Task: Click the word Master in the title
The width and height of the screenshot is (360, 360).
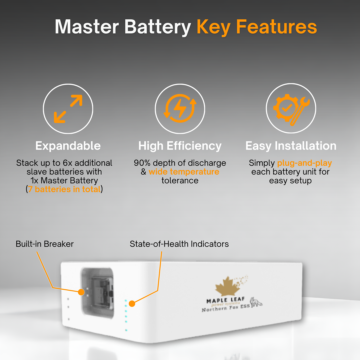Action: point(87,27)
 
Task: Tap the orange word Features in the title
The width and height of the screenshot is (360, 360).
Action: point(276,27)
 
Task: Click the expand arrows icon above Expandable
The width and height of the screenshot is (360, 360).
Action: point(68,109)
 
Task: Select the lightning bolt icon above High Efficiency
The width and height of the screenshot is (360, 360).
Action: point(180,108)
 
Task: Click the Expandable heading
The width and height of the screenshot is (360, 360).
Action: point(68,146)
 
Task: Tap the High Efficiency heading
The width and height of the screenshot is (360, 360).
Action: point(180,146)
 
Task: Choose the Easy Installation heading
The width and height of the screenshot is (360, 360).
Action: point(291,146)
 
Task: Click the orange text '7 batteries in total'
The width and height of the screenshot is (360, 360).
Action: point(64,189)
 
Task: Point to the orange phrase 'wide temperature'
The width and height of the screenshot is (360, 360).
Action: point(184,172)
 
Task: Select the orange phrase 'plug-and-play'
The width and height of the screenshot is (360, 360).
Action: point(304,163)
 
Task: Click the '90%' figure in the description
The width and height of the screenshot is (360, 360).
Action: point(142,163)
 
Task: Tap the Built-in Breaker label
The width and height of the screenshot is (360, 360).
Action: point(45,244)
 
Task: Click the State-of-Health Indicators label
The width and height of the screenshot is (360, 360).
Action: point(179,244)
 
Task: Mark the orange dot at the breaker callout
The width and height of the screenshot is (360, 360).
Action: point(81,292)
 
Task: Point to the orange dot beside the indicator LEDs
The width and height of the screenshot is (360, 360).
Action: point(132,304)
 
